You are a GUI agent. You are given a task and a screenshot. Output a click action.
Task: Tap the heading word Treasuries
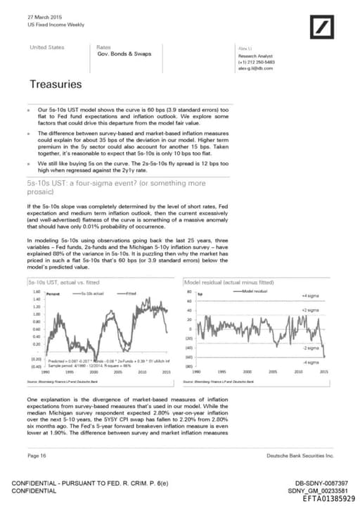[55, 84]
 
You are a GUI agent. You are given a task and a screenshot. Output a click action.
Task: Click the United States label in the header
[46, 47]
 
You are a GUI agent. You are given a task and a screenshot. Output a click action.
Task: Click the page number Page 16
[37, 456]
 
